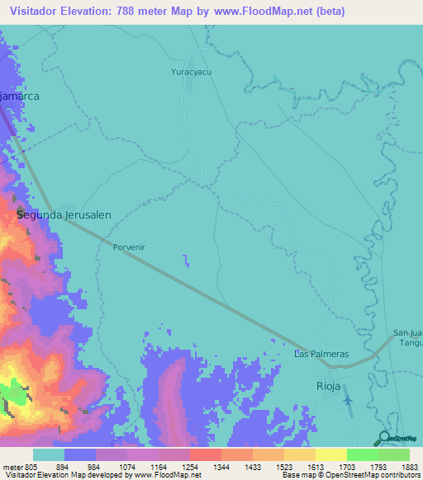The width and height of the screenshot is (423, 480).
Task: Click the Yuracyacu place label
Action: pos(192,73)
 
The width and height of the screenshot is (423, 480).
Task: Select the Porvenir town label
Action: pos(131,246)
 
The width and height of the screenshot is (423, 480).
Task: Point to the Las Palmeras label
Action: pos(322,354)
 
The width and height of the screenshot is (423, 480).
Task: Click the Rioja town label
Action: pos(329,385)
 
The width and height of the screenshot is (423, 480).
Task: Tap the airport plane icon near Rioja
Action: pos(347,400)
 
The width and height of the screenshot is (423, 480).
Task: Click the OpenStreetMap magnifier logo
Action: pos(384,437)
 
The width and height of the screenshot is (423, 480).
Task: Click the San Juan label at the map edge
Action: pos(407,332)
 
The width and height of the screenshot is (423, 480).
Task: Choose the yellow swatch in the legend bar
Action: pos(330,454)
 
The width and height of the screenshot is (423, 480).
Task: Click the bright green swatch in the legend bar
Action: pos(362,454)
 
